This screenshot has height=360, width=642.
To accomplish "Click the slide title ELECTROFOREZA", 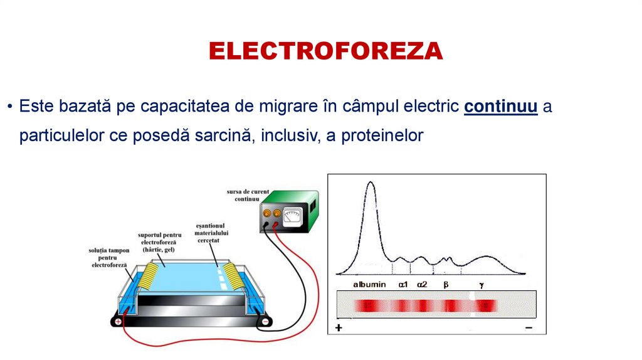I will pos(325,51).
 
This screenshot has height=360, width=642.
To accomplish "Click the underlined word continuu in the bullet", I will pos(501,107).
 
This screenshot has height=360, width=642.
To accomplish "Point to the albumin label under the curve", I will pos(369,284).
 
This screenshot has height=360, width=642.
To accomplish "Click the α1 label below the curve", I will pos(403,284).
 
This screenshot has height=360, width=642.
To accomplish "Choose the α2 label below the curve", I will pos(422,284).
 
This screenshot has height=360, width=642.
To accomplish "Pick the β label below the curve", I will pos(446,284).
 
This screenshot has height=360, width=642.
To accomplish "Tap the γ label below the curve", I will pos(481,284).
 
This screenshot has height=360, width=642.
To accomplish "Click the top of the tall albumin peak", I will pos(371,183).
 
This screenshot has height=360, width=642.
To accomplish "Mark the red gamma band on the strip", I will pos(484,305).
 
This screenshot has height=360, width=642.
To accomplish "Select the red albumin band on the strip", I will pos(371,305).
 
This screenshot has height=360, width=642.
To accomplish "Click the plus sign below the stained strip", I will pos(339,328).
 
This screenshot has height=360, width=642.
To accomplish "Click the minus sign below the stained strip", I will pos(529,328).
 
